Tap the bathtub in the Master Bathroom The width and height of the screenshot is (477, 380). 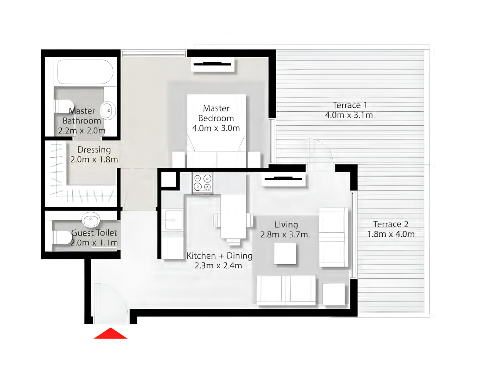85,72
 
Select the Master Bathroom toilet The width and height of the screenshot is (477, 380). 63,106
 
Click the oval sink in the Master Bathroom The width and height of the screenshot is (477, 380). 108,110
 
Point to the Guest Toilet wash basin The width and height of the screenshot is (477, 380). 91,219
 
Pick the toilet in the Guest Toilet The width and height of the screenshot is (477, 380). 62,237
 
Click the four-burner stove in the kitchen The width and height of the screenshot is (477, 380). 203,183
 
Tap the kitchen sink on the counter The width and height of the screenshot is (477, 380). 174,220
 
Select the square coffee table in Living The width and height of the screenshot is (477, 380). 285,253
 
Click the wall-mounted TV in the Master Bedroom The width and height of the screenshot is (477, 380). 212,64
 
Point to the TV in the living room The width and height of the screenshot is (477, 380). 283,179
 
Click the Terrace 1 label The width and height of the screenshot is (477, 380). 350,105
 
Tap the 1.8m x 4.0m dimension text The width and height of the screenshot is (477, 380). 391,234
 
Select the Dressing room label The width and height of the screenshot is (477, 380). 94,150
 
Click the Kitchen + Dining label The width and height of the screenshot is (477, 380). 219,256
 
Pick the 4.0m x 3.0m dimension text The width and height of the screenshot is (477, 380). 216,128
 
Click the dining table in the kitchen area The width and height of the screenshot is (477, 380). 233,216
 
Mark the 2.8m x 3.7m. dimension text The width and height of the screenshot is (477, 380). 285,234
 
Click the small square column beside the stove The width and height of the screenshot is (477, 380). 168,179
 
